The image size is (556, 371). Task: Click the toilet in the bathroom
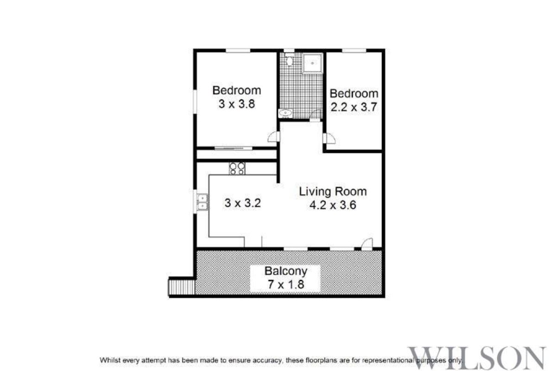[x=290, y=60]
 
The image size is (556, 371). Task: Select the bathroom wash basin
[x=285, y=113]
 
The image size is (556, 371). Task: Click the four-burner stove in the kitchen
[x=237, y=168]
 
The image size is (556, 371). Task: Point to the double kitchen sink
[x=202, y=203]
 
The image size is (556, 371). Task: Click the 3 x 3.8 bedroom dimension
[x=236, y=104]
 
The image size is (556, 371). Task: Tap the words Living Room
[x=333, y=191]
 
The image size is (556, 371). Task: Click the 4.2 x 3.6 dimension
[x=333, y=205]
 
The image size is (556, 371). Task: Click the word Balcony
[x=285, y=271]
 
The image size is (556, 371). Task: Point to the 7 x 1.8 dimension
[x=285, y=284]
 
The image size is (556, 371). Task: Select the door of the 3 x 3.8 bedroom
[x=274, y=136]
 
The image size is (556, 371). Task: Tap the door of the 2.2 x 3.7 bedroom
[x=330, y=138]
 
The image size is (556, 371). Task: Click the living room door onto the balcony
[x=366, y=243]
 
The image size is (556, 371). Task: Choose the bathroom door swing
[x=316, y=114]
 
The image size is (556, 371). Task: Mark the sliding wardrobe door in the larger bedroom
[x=233, y=148]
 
